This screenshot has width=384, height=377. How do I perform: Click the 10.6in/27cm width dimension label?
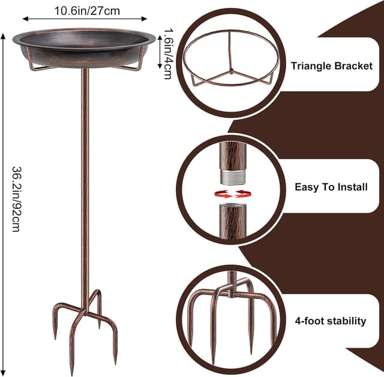coord(86,10)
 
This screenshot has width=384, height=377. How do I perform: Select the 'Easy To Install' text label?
coord(331,187)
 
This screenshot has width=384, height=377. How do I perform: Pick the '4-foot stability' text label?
coord(331,321)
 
